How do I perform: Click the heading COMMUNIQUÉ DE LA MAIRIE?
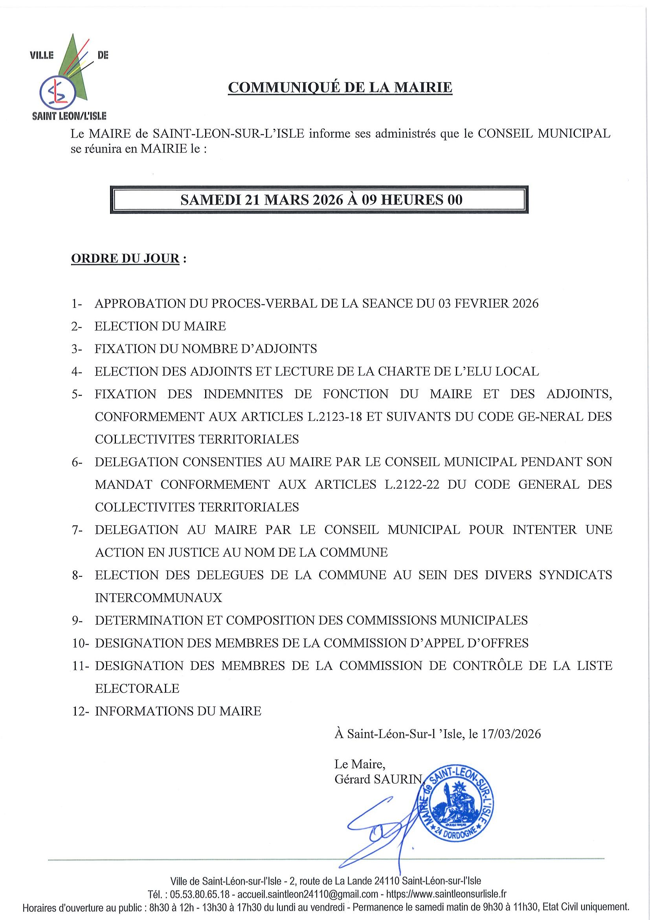pos(340,87)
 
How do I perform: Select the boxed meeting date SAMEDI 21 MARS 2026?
pos(263,200)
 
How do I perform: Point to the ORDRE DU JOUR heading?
pos(125,259)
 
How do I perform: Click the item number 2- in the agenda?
pos(77,327)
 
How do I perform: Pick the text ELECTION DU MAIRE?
pos(160,327)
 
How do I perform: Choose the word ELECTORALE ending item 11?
pos(137,689)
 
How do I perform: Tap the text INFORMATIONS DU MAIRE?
pos(178,712)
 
